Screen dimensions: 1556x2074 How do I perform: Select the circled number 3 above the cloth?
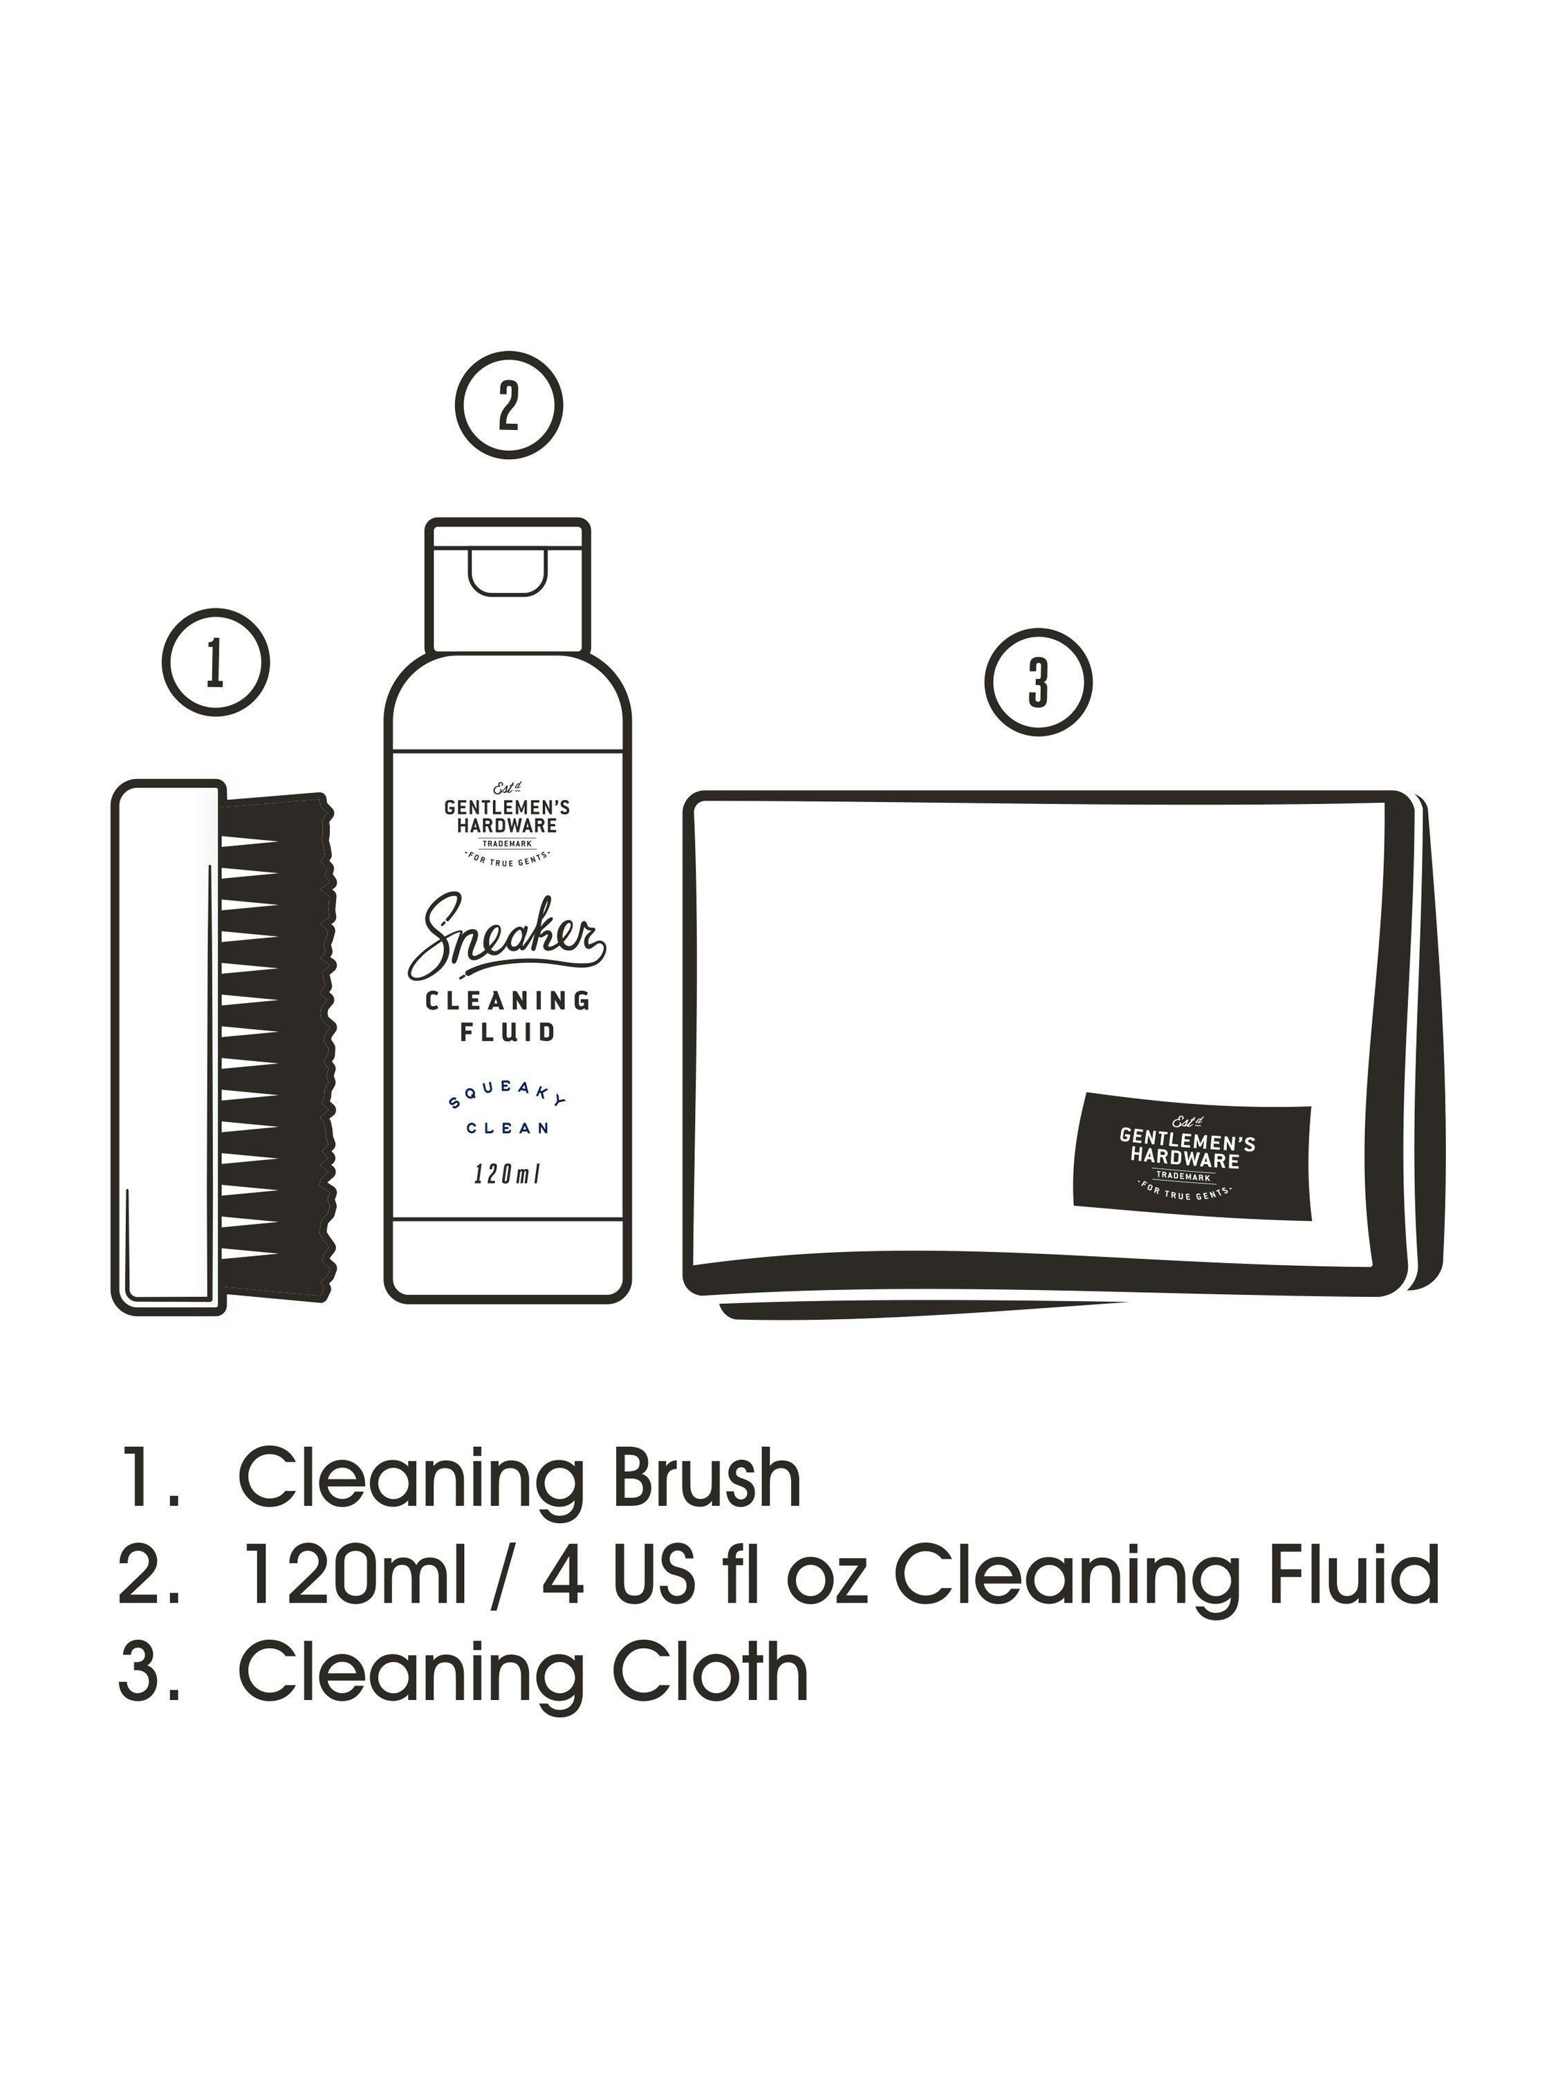1038,682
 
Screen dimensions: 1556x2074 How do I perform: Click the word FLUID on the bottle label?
508,1032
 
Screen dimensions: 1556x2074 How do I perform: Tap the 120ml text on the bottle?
508,1174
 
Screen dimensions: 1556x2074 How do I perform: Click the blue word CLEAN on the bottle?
508,1128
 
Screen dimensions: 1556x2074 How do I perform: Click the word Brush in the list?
705,1479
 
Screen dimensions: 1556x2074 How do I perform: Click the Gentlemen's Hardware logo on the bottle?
508,821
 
